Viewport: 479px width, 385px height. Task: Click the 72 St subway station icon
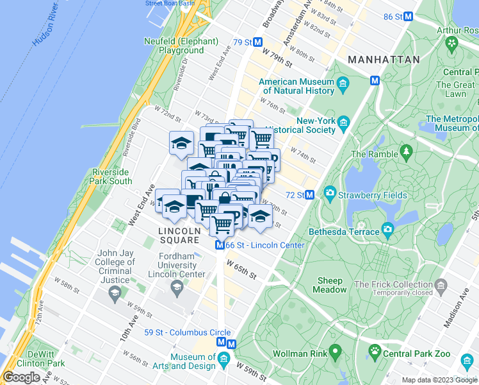309,194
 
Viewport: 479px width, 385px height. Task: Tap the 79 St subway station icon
258,42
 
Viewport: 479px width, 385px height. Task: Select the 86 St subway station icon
408,17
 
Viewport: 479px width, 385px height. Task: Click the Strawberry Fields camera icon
330,193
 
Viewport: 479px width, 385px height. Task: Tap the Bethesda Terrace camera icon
387,230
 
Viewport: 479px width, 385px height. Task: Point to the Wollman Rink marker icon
334,352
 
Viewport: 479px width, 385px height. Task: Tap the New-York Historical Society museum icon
344,123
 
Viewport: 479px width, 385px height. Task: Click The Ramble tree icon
405,152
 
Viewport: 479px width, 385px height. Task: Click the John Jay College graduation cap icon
115,294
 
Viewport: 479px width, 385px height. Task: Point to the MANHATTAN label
384,60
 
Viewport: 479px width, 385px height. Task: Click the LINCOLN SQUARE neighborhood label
180,235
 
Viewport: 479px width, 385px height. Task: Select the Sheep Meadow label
330,285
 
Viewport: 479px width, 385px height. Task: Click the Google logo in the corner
21,377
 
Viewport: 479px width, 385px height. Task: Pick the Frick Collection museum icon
440,285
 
